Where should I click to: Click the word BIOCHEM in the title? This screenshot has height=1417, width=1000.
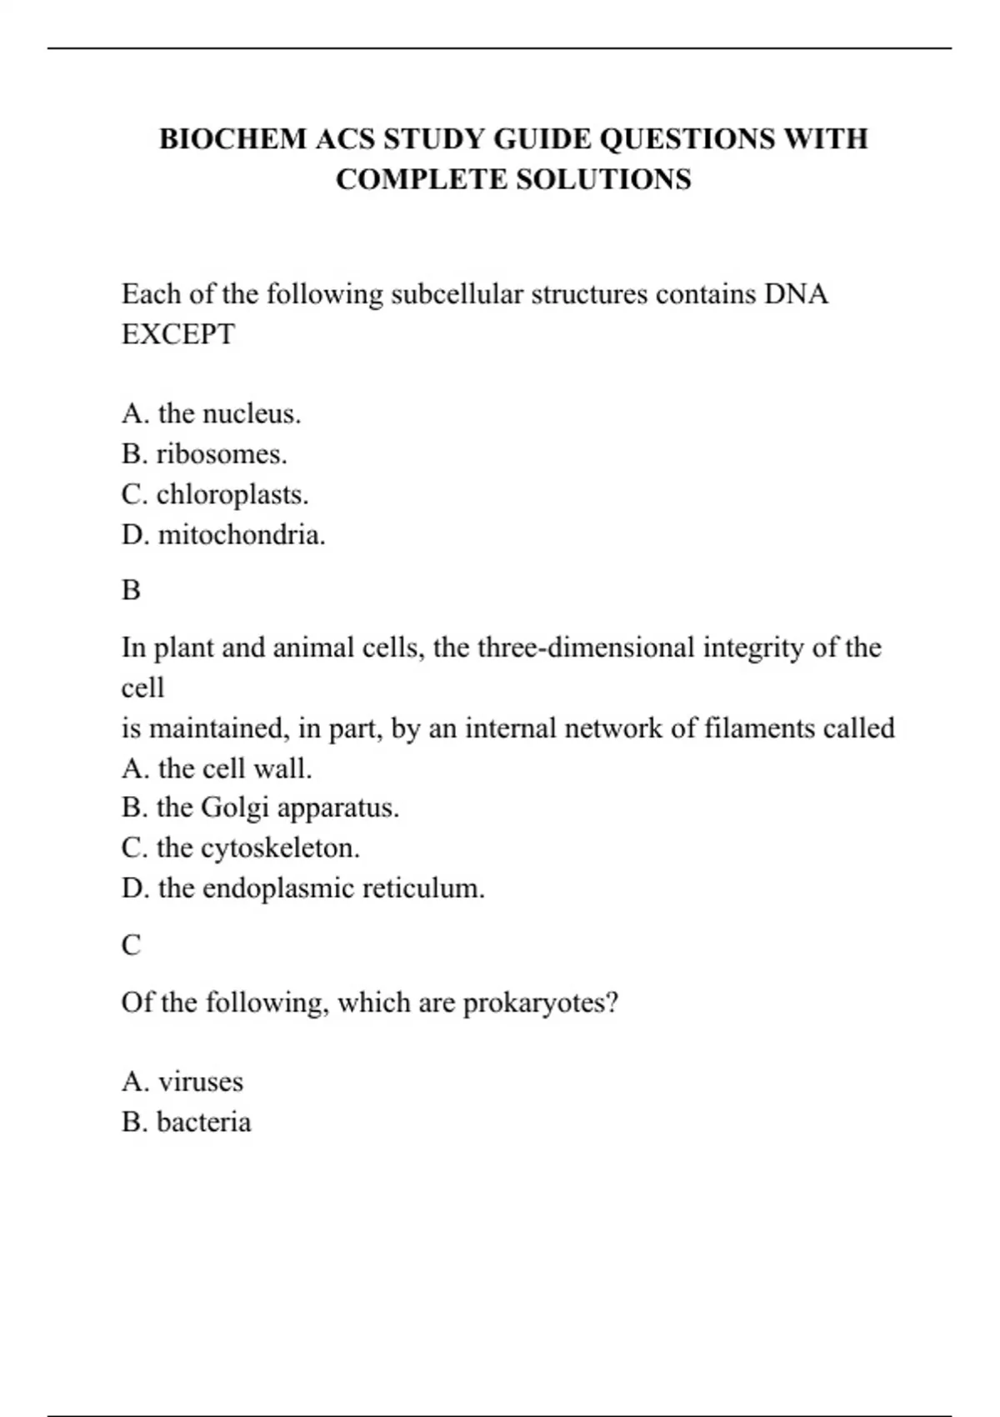coord(232,138)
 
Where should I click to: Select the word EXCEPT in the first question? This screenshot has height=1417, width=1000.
coord(178,334)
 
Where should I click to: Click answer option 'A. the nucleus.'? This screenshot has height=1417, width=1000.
coord(211,413)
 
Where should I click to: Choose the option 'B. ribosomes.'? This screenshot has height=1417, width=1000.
coord(204,453)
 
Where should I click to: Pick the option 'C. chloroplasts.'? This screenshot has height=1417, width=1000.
coord(215,494)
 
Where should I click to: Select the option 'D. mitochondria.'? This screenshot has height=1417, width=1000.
coord(223,534)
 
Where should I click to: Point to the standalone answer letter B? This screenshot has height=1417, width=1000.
coord(131,590)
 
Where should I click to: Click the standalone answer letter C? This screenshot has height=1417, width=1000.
coord(131,945)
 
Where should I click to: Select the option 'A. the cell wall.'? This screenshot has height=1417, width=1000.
coord(217,768)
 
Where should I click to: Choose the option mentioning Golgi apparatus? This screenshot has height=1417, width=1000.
coord(260,808)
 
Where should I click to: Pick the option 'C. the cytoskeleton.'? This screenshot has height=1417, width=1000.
coord(241,848)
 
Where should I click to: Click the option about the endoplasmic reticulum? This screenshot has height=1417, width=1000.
coord(303,888)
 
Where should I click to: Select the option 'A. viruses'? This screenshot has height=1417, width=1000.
coord(182,1082)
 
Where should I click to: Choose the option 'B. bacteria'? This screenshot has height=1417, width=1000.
coord(186,1122)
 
